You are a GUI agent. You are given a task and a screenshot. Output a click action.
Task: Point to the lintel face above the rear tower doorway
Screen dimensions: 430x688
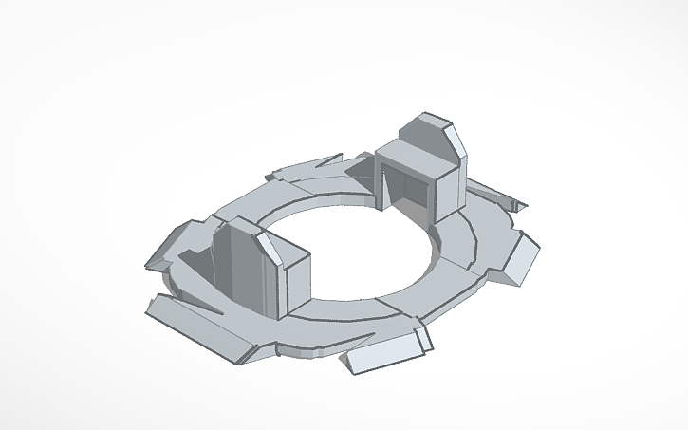[x=408, y=163]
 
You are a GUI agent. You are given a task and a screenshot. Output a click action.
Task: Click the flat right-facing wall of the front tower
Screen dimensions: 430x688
[x=297, y=279]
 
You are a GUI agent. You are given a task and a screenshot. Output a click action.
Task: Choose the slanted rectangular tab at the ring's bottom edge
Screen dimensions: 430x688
[x=383, y=352]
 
